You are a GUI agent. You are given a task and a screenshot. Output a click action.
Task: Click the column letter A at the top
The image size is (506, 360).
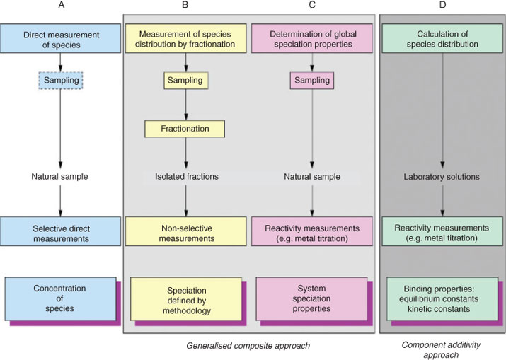tap(61, 5)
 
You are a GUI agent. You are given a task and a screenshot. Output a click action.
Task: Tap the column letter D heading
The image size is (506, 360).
tap(442, 5)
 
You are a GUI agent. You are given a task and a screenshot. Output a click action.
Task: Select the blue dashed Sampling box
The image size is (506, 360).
tap(61, 81)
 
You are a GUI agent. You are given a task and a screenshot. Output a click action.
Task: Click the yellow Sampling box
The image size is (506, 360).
tap(185, 81)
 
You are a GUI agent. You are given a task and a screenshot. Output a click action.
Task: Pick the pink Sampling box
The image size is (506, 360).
tap(312, 81)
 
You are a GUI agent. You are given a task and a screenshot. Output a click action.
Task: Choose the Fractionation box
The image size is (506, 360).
tap(185, 129)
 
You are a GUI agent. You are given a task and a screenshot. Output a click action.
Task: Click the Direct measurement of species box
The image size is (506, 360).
tap(61, 38)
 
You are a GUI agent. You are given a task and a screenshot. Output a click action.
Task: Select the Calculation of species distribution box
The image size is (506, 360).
tap(442, 38)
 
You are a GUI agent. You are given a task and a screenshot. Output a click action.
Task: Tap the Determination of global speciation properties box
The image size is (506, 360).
tap(312, 38)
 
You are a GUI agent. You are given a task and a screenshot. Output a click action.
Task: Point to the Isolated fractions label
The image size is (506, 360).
tap(187, 176)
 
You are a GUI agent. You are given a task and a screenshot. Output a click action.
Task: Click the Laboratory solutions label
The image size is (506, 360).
tap(442, 177)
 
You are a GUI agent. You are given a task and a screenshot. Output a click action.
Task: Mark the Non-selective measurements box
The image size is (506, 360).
tap(186, 231)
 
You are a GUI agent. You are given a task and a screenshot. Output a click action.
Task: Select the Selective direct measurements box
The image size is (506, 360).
tap(61, 231)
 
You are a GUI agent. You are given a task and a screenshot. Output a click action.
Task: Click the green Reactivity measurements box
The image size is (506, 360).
tap(442, 231)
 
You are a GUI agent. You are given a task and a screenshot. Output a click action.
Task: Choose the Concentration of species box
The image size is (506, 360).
tap(60, 298)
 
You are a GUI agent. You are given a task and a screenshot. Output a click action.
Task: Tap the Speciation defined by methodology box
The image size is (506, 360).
tap(186, 299)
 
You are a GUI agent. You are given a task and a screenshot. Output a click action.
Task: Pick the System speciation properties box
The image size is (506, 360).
tap(311, 298)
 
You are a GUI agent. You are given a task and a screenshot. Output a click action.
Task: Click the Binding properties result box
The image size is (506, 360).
tap(442, 298)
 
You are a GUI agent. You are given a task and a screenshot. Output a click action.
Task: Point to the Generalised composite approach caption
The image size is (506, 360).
tap(248, 346)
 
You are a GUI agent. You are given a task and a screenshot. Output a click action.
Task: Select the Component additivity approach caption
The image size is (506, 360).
tap(441, 349)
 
